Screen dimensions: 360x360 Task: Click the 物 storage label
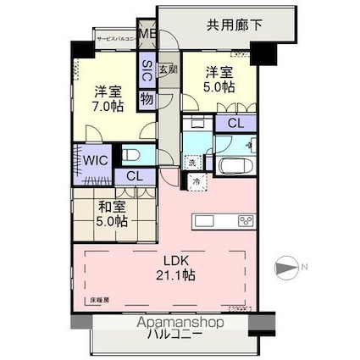[x=147, y=99]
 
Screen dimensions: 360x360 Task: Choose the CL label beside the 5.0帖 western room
[x=235, y=124]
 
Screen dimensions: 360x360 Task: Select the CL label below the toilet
[x=134, y=177]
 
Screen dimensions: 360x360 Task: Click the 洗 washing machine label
[x=192, y=162]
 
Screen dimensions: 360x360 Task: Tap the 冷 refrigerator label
[x=196, y=181]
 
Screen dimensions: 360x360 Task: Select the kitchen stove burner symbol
[x=246, y=221]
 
